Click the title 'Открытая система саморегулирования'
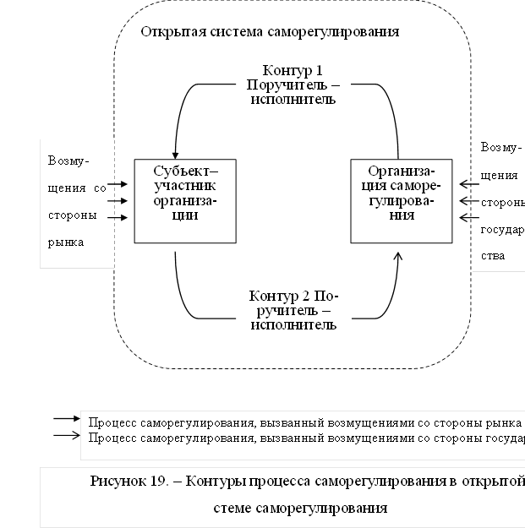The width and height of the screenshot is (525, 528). pos(269,32)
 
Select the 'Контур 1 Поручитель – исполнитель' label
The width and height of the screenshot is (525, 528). pos(293,84)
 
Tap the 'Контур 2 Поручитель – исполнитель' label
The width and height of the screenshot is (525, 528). pos(293,311)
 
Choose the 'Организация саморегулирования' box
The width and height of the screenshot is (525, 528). pos(402,200)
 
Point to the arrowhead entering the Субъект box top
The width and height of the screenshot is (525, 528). pos(176,152)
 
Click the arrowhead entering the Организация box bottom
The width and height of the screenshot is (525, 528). pos(399,255)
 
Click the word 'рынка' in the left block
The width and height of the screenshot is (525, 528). pos(66,241)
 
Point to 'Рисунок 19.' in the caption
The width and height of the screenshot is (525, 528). pos(125,482)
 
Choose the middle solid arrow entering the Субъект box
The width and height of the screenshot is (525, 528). pos(118,201)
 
